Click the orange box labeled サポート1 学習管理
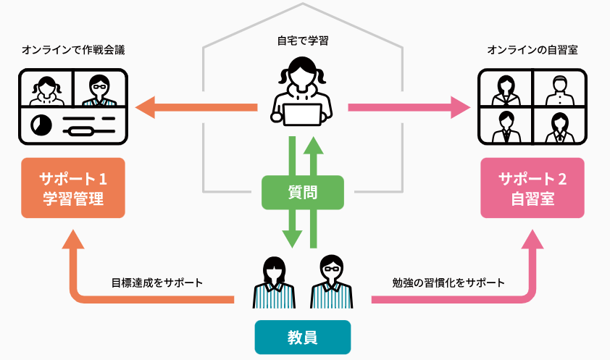[72, 188]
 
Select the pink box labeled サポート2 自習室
[532, 188]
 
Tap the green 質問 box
[301, 192]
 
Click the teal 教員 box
[302, 337]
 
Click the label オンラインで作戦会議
[73, 51]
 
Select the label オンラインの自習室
[532, 51]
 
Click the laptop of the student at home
[301, 114]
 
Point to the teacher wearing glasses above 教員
[331, 282]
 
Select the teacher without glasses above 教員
[274, 282]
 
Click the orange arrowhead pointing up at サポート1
[72, 238]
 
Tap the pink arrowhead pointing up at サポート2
[532, 240]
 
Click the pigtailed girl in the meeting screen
[48, 89]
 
